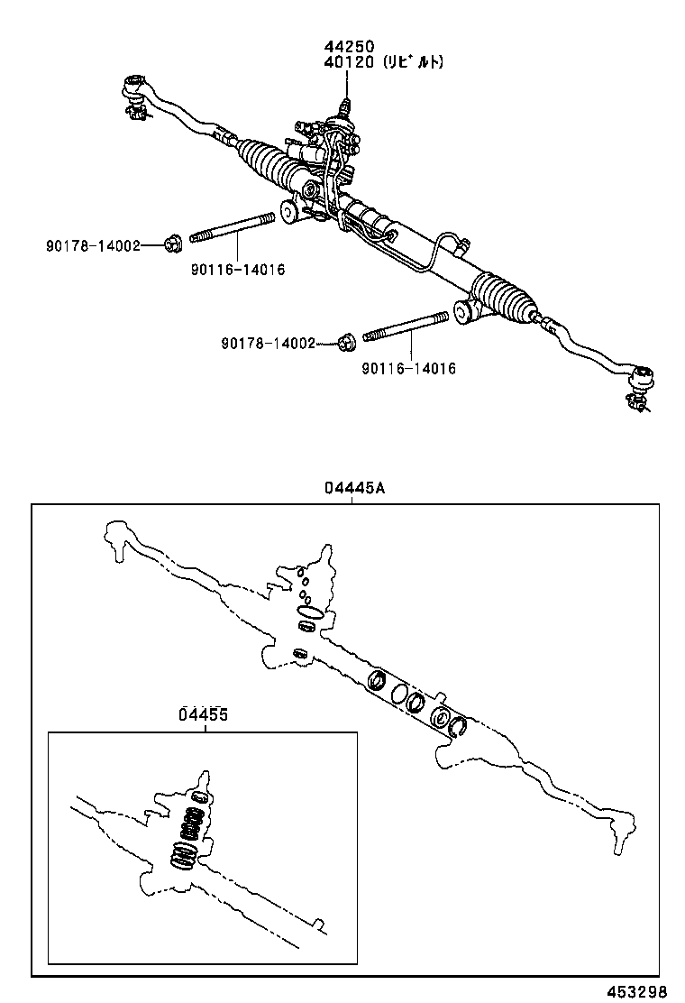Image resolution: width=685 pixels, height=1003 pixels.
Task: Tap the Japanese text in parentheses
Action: click(x=413, y=62)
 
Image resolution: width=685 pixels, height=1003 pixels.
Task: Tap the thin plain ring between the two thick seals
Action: click(x=397, y=693)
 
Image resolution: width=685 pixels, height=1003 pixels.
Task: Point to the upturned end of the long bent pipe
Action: click(x=461, y=242)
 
